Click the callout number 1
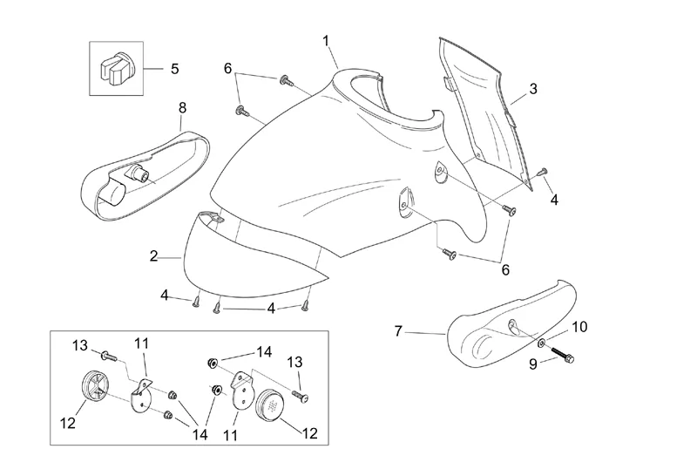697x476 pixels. (x=326, y=40)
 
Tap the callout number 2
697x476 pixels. (x=153, y=256)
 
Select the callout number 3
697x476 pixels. (x=532, y=88)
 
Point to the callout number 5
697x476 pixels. (x=174, y=67)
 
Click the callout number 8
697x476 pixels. (x=182, y=107)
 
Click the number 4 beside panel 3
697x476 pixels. (x=554, y=200)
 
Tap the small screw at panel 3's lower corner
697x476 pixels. (x=543, y=171)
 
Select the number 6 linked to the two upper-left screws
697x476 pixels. (x=228, y=68)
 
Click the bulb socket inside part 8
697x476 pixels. (x=139, y=173)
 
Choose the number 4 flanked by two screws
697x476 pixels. (x=271, y=308)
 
